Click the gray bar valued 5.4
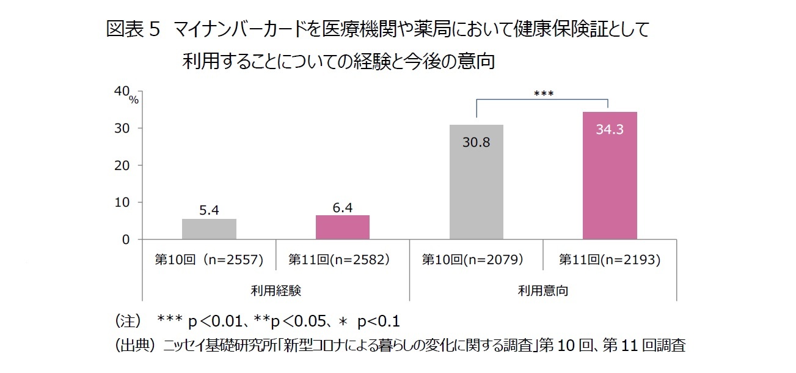pos(209,229)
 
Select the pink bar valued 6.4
pos(343,227)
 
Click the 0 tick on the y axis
pos(125,240)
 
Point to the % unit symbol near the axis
pos(134,100)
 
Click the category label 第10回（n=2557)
pos(209,260)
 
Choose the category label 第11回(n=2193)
pos(610,260)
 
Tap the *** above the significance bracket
pos(543,94)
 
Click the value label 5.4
pos(209,210)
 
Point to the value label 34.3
pos(610,130)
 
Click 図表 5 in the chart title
pos(133,29)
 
